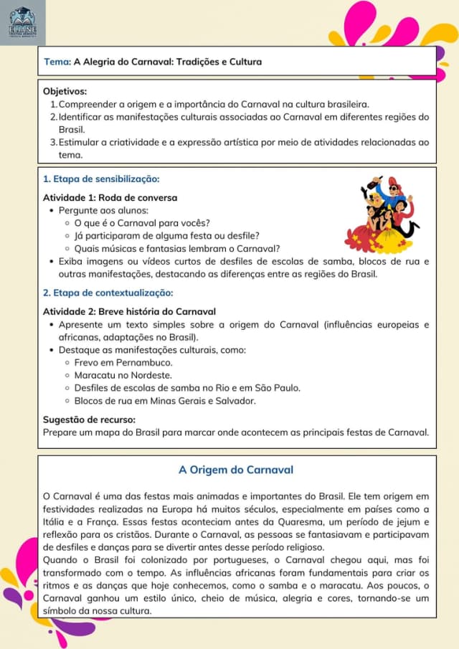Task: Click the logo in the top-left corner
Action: click(x=23, y=23)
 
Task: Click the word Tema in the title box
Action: click(x=55, y=62)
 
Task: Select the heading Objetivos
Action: click(x=65, y=92)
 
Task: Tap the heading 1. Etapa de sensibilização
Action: click(x=101, y=179)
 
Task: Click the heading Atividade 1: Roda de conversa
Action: click(x=110, y=197)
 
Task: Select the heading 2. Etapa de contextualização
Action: click(x=108, y=293)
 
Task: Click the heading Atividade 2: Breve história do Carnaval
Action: click(x=129, y=311)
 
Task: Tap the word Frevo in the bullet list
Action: click(x=87, y=363)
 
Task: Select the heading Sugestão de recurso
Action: click(x=90, y=420)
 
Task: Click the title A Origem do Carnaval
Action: click(x=236, y=470)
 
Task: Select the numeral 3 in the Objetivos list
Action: click(x=53, y=142)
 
